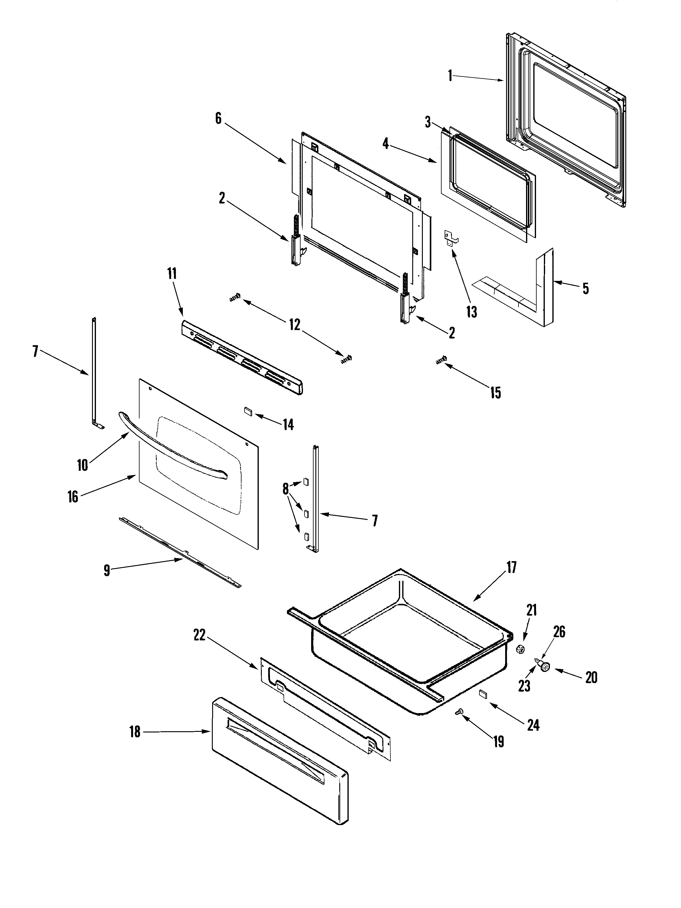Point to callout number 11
(172, 273)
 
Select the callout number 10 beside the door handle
(83, 465)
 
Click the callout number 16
(73, 497)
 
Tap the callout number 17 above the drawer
(512, 568)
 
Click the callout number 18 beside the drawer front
(135, 732)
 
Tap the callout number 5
(585, 288)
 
